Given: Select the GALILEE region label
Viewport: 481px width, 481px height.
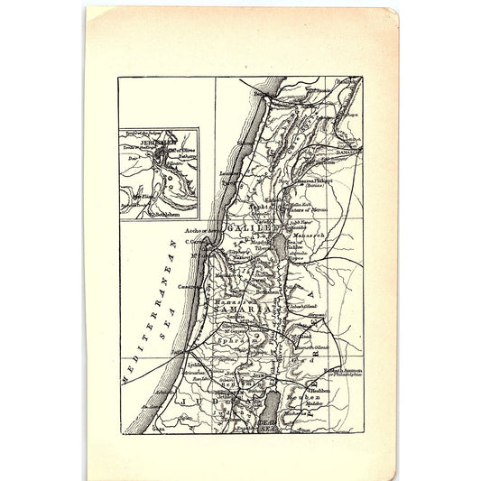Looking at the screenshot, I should coord(252,229).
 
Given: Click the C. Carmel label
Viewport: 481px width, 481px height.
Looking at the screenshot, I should coord(199,241).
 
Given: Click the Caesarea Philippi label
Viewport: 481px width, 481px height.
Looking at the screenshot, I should coord(323,180).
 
